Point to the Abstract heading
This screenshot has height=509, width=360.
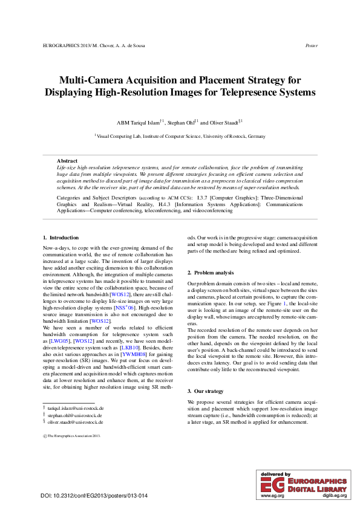pos(67,160)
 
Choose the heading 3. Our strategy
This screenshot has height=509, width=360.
pos(206,375)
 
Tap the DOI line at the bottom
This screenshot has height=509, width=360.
pos(94,496)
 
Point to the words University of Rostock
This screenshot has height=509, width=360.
pos(224,137)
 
